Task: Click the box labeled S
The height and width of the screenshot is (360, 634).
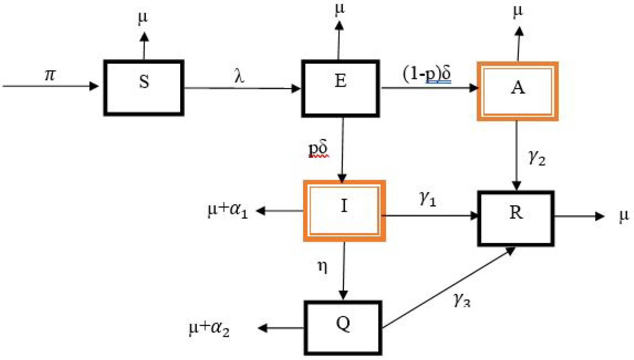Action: pos(144,88)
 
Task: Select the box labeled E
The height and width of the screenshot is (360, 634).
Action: pos(340,88)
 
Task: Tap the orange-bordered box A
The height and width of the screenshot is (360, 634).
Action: pos(517,91)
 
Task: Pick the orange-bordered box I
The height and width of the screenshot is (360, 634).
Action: pos(344,211)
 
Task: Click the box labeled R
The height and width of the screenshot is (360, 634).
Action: pos(516,218)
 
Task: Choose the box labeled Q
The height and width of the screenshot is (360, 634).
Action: pos(343,328)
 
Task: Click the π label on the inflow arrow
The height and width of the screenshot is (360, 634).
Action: pos(50,75)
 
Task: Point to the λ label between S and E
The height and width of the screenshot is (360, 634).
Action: pos(239,76)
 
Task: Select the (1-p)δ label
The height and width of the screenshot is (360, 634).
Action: pos(426,74)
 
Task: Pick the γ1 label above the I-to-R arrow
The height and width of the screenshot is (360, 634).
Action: pos(427,198)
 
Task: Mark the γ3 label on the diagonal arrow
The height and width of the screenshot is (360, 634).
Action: pos(462,300)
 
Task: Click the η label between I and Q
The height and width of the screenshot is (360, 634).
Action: pos(322,266)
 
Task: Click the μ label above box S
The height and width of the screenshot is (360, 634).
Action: pos(143,17)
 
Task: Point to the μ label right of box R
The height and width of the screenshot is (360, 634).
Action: pos(624,215)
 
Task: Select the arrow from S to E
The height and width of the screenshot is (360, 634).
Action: pos(242,88)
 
